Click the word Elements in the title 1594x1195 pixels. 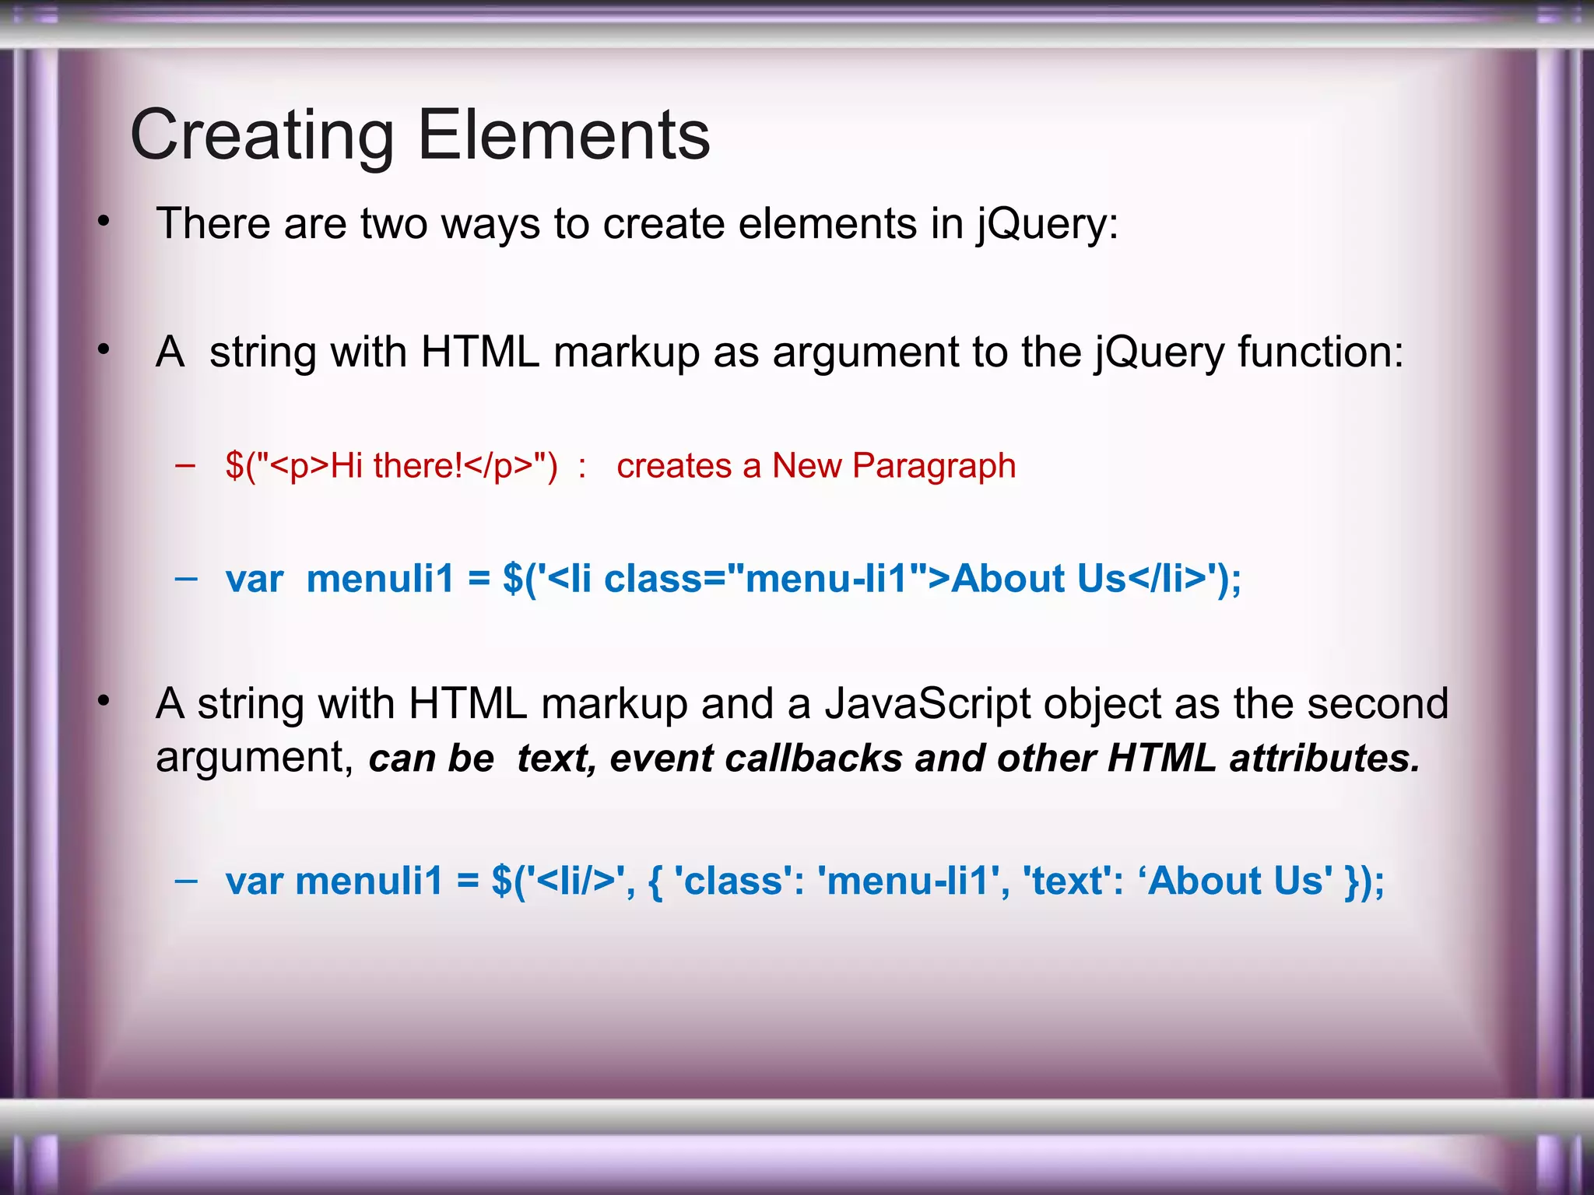[x=564, y=135]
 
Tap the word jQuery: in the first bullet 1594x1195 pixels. [x=1048, y=225]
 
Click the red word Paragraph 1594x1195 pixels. [x=934, y=467]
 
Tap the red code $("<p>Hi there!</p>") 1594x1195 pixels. [x=391, y=467]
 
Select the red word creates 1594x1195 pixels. [x=673, y=467]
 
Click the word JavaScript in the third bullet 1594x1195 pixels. [x=927, y=704]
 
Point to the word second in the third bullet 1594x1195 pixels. [x=1378, y=704]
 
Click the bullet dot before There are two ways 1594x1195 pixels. [x=104, y=223]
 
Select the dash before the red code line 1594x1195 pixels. [x=185, y=467]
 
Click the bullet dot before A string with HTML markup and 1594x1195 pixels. [x=104, y=703]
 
